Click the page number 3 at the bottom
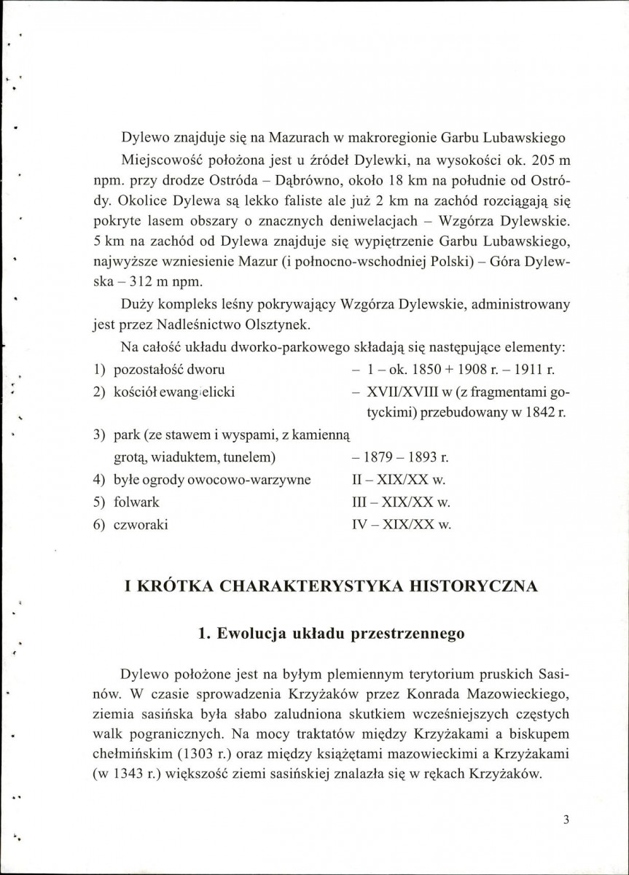[x=566, y=818]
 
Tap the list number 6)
[x=100, y=524]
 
